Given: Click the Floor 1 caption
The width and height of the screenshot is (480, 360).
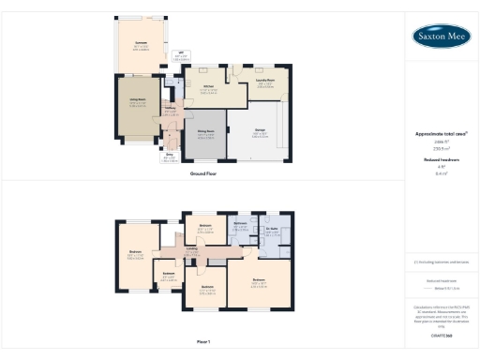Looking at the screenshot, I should tap(203, 340).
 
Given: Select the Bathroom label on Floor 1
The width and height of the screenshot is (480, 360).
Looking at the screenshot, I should tap(239, 223).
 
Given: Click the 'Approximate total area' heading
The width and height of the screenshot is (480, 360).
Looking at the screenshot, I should tap(440, 134).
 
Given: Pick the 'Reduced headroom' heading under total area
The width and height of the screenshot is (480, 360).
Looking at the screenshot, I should tap(440, 160).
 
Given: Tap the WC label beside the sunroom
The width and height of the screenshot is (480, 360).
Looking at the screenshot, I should tap(179, 54).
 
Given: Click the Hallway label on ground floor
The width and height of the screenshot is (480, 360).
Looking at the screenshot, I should tap(171, 109).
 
